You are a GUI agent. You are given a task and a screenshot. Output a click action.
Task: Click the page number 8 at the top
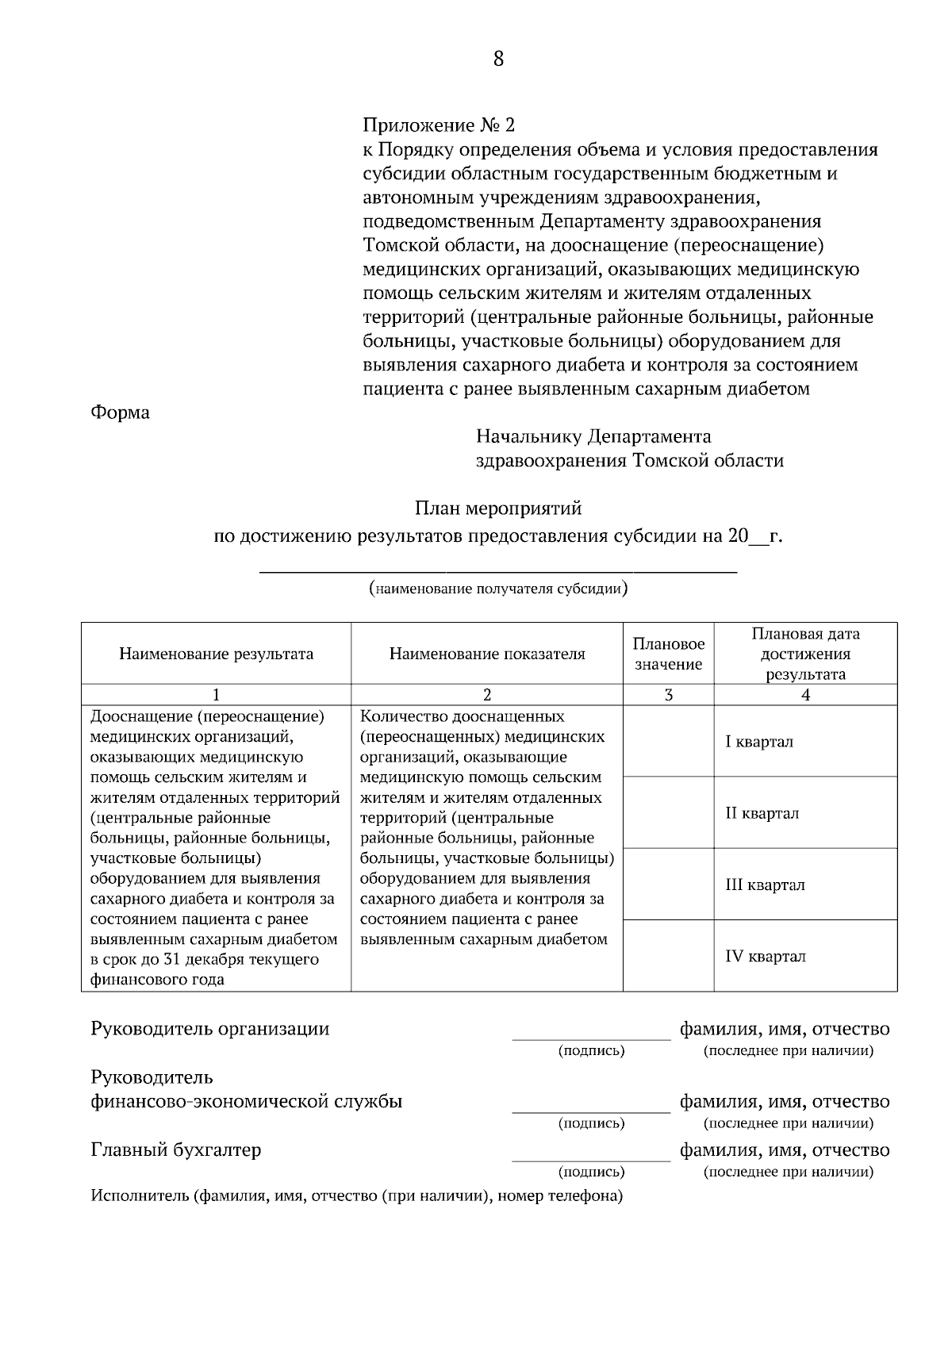[498, 59]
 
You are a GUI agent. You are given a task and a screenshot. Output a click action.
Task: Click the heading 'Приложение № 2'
[439, 125]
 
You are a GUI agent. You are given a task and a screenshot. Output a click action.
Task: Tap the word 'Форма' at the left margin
[120, 413]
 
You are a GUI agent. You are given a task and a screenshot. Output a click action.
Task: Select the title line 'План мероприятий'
[498, 507]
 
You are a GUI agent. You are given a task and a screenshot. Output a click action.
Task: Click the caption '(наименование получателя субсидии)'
[498, 589]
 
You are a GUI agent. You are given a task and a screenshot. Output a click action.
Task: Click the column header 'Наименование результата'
[216, 654]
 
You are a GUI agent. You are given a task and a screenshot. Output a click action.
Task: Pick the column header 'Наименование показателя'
[486, 654]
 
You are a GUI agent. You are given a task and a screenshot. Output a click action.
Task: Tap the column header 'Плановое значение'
[668, 654]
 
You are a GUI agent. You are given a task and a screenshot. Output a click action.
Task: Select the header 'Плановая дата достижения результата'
[805, 654]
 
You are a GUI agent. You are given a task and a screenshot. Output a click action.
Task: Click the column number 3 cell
[668, 695]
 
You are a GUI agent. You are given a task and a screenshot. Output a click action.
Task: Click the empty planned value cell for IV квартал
[668, 956]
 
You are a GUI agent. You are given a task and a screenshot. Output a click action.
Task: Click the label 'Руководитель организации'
[209, 1029]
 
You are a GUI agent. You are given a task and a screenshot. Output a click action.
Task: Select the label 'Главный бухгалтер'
[176, 1149]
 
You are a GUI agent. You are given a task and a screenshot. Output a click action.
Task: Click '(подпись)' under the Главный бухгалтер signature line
[591, 1172]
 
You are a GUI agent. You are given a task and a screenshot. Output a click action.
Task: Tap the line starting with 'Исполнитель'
[356, 1195]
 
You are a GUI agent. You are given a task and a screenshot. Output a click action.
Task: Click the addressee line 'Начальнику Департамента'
[593, 436]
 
